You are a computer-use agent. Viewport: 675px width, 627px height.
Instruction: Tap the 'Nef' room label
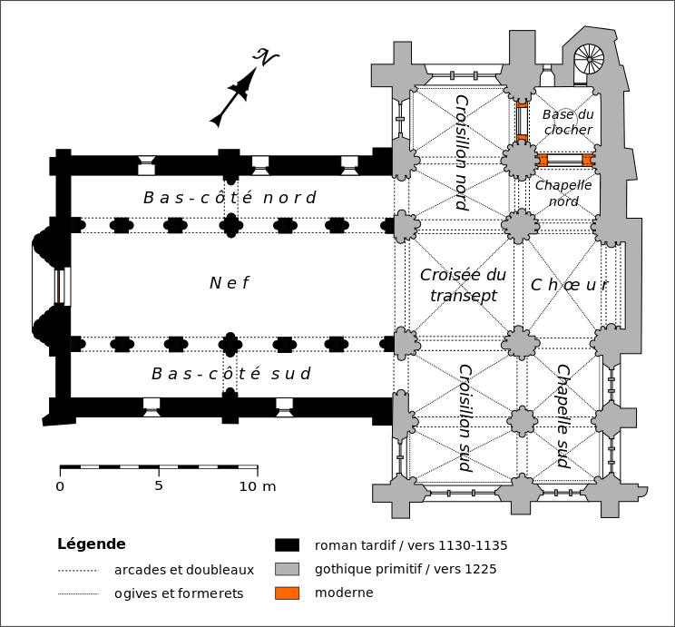click(x=229, y=283)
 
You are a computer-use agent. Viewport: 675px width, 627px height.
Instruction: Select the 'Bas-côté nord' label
click(x=230, y=198)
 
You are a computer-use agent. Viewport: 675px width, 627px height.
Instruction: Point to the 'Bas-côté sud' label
click(x=230, y=374)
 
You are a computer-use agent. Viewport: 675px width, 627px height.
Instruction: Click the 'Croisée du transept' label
click(x=464, y=285)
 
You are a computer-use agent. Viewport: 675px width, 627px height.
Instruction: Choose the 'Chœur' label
click(x=569, y=285)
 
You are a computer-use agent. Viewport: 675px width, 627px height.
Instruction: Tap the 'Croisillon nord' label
click(x=461, y=152)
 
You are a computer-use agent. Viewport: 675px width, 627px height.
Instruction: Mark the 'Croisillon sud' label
click(x=465, y=417)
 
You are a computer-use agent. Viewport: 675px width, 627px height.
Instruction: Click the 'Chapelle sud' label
click(x=562, y=416)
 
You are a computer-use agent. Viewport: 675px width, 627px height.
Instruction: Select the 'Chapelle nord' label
click(x=563, y=193)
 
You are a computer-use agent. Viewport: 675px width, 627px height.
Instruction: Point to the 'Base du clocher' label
click(x=568, y=122)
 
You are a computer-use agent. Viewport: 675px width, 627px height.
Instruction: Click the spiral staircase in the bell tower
click(x=589, y=60)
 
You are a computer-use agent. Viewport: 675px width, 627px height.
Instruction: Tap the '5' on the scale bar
click(x=159, y=485)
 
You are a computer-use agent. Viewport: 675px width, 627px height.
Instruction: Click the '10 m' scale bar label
click(x=257, y=485)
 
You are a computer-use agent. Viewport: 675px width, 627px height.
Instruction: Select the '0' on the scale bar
click(x=60, y=485)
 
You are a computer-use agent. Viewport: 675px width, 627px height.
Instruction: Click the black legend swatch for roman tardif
click(x=287, y=545)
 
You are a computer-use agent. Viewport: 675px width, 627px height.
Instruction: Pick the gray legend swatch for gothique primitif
click(x=287, y=569)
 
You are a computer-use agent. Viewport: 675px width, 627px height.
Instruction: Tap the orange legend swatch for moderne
click(x=287, y=593)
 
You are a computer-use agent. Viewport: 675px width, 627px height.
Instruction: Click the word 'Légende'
click(x=91, y=544)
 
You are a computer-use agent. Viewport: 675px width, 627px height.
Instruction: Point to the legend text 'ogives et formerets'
click(x=179, y=593)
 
